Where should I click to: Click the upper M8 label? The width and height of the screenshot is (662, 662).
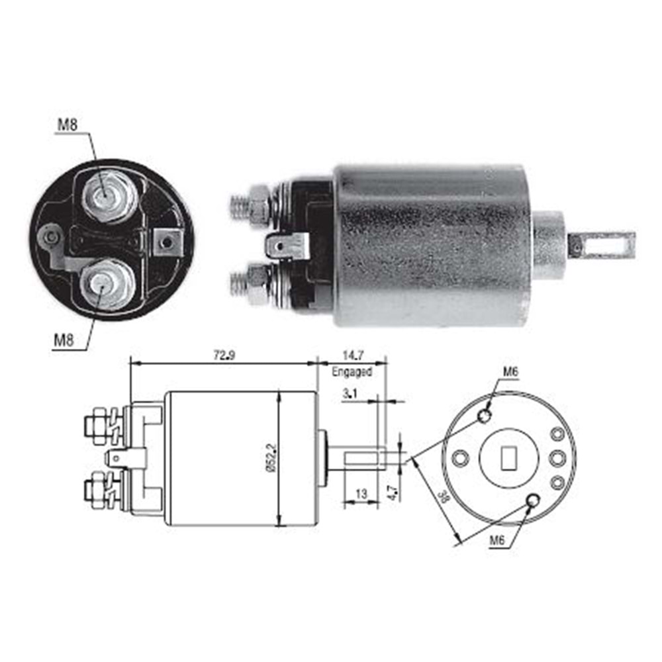pyautogui.click(x=68, y=124)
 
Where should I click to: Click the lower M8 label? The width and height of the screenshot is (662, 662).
pyautogui.click(x=64, y=340)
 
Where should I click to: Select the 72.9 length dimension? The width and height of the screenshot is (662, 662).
pyautogui.click(x=224, y=355)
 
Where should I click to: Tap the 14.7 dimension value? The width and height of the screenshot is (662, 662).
pyautogui.click(x=353, y=355)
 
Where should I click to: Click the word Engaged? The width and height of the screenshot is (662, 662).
pyautogui.click(x=352, y=372)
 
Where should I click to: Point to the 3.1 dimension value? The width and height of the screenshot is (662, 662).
pyautogui.click(x=350, y=394)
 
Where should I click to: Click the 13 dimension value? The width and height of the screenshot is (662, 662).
pyautogui.click(x=361, y=494)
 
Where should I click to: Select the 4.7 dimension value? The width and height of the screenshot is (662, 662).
pyautogui.click(x=393, y=493)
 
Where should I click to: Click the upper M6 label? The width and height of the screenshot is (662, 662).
pyautogui.click(x=510, y=371)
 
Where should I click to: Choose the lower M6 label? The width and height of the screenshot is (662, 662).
pyautogui.click(x=497, y=540)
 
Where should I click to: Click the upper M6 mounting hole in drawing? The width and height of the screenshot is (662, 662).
pyautogui.click(x=485, y=416)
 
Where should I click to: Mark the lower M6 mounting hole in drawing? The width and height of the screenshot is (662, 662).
pyautogui.click(x=533, y=500)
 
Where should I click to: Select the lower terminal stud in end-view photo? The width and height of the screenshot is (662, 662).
pyautogui.click(x=107, y=284)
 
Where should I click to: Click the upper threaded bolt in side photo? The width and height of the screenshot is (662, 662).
pyautogui.click(x=250, y=207)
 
